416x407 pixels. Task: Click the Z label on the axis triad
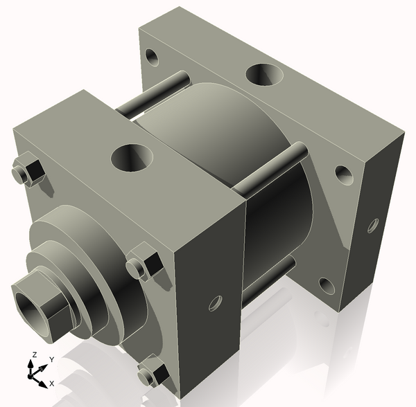[33, 356]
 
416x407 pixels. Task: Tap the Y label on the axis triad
[51, 360]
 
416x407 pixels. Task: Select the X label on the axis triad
[51, 383]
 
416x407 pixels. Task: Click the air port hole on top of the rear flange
[261, 73]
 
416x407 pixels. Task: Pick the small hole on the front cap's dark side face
[216, 302]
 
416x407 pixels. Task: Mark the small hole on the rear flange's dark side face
[373, 225]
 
